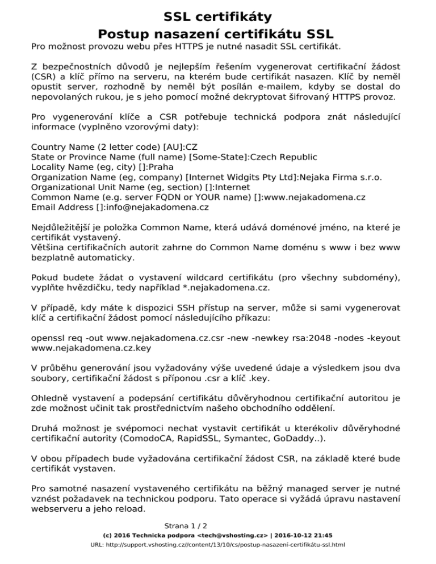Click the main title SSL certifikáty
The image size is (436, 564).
click(217, 16)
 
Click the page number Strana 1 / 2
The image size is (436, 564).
click(186, 526)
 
